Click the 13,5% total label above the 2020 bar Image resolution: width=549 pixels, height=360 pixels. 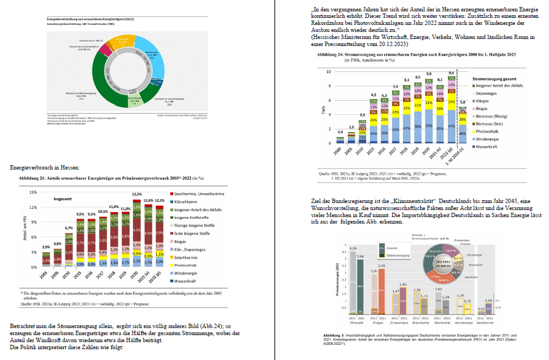pos(137,194)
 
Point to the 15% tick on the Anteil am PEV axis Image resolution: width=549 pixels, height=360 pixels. pos(33,193)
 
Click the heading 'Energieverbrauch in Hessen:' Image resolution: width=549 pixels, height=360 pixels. pos(45,168)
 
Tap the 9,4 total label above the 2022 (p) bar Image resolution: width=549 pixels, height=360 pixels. pos(451,73)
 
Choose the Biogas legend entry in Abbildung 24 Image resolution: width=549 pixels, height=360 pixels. pos(482,108)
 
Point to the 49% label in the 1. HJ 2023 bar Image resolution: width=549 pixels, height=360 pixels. pos(462,133)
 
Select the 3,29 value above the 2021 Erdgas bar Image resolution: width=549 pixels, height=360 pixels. pos(381,266)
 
